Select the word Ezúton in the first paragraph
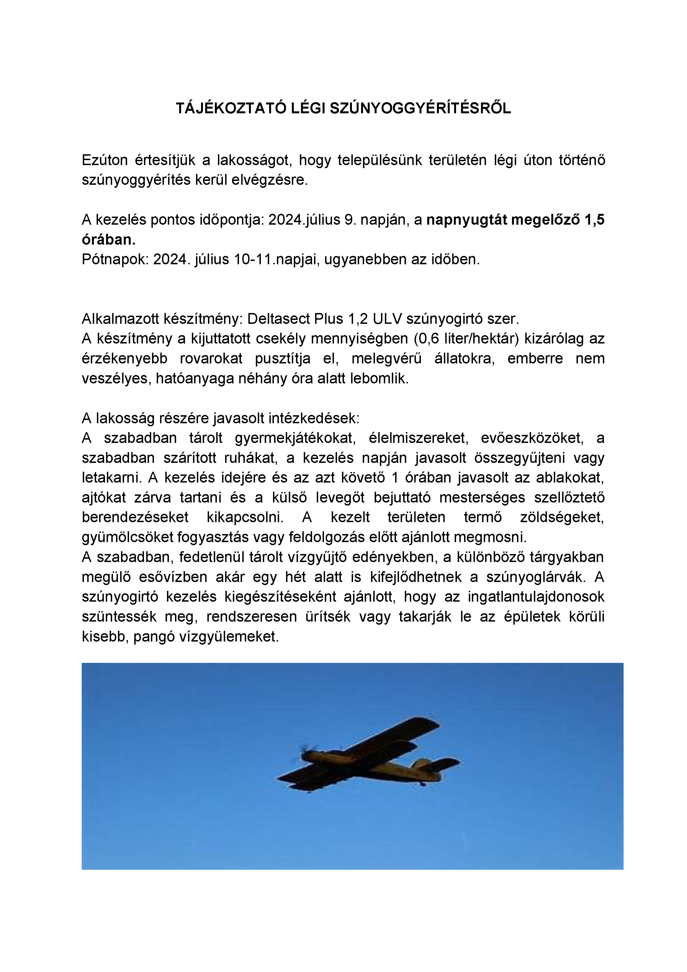coord(105,160)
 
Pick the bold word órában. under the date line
coord(108,240)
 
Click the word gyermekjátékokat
coord(295,438)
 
